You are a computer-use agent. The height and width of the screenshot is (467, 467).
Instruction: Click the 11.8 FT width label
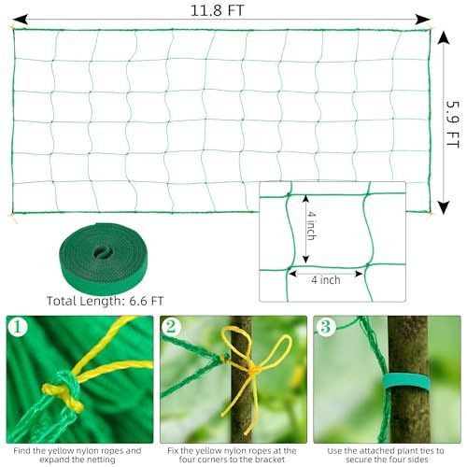click(217, 10)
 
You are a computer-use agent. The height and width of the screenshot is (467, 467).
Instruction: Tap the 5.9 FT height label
click(452, 124)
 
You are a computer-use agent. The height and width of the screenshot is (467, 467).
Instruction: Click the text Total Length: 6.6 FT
click(105, 301)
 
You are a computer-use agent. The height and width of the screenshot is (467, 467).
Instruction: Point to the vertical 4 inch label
click(312, 226)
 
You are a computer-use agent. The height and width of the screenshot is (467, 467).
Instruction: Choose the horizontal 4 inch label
click(326, 280)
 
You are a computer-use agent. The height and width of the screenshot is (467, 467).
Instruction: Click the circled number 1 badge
click(18, 327)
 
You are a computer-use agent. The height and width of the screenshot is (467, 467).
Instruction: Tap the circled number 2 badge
click(171, 327)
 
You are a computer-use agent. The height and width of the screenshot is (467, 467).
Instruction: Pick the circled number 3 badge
click(325, 327)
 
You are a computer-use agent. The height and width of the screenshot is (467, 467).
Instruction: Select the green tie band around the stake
click(406, 382)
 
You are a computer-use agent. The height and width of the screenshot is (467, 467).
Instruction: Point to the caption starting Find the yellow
click(78, 455)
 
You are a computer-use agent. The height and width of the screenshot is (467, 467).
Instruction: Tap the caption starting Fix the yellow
click(232, 455)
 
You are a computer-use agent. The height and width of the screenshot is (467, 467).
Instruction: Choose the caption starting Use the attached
click(386, 455)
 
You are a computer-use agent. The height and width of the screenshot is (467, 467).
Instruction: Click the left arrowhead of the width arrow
click(20, 20)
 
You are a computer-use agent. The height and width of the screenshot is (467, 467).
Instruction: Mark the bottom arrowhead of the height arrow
click(444, 207)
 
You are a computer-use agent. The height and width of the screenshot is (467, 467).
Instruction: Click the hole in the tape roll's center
click(103, 251)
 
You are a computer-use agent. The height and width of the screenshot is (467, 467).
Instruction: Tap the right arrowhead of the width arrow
click(424, 20)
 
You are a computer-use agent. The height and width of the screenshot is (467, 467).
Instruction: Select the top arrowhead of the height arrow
click(444, 38)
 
